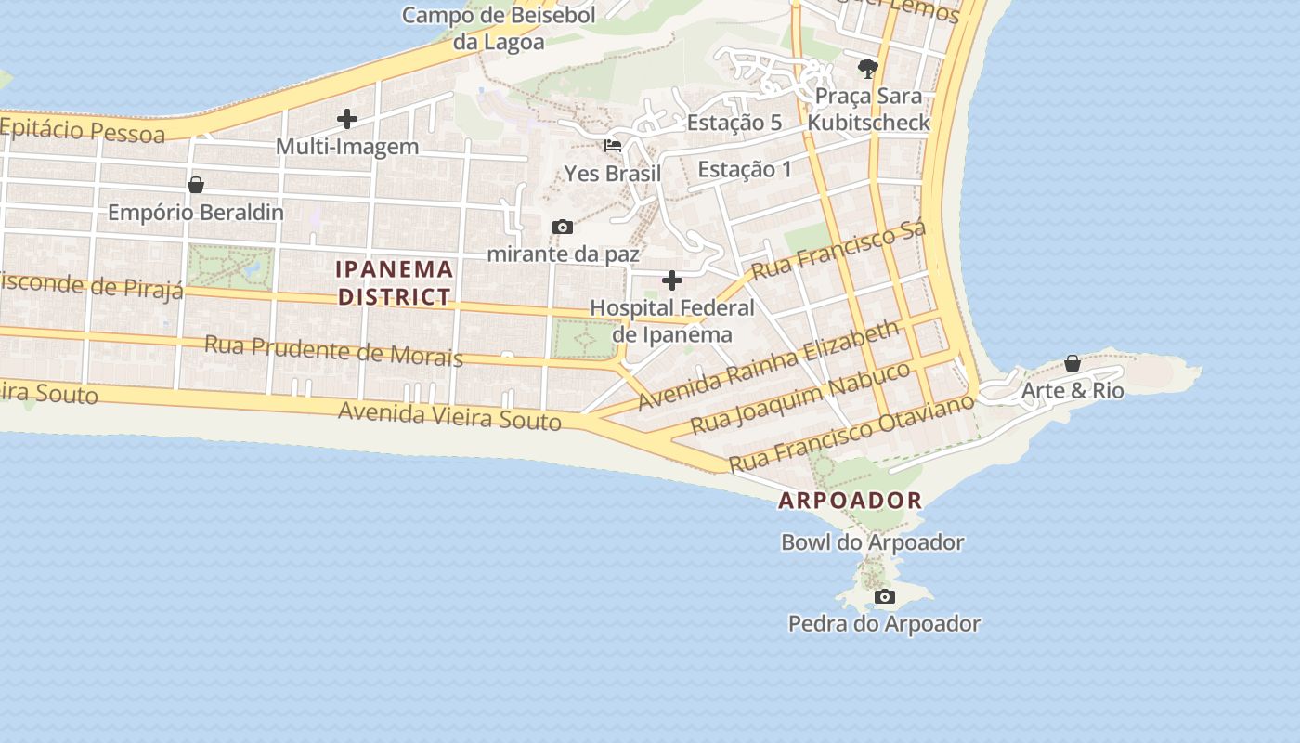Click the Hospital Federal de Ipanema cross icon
pyautogui.click(x=671, y=280)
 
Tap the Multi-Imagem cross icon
pyautogui.click(x=346, y=119)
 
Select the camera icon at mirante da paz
pyautogui.click(x=562, y=228)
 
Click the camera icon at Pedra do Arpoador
pyautogui.click(x=884, y=596)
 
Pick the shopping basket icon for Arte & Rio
pyautogui.click(x=1072, y=363)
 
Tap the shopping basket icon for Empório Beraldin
pyautogui.click(x=196, y=185)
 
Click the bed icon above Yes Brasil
pyautogui.click(x=613, y=146)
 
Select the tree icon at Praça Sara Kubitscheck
pyautogui.click(x=868, y=68)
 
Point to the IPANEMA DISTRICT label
pyautogui.click(x=395, y=283)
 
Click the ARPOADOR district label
pyautogui.click(x=851, y=501)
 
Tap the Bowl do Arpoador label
pyautogui.click(x=872, y=542)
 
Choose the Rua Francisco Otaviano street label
pyautogui.click(x=851, y=433)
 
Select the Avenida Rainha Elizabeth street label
pyautogui.click(x=769, y=366)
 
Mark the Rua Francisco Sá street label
pyautogui.click(x=838, y=251)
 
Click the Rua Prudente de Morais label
pyautogui.click(x=333, y=351)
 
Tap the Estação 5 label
pyautogui.click(x=734, y=123)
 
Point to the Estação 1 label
pyautogui.click(x=745, y=169)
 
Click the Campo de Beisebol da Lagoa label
pyautogui.click(x=499, y=28)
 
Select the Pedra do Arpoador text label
pyautogui.click(x=884, y=624)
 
